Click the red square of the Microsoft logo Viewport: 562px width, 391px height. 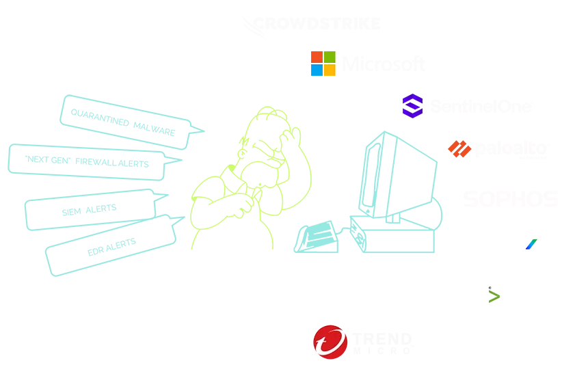tap(316, 56)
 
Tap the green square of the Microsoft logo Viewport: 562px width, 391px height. tap(330, 56)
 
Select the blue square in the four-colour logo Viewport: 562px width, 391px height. tap(316, 70)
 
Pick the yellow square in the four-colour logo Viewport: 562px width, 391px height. tap(330, 70)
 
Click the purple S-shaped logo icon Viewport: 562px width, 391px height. tap(412, 105)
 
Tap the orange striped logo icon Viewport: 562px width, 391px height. tap(461, 149)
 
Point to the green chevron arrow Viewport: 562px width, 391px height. tap(494, 296)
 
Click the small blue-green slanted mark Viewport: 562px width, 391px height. tap(531, 244)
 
